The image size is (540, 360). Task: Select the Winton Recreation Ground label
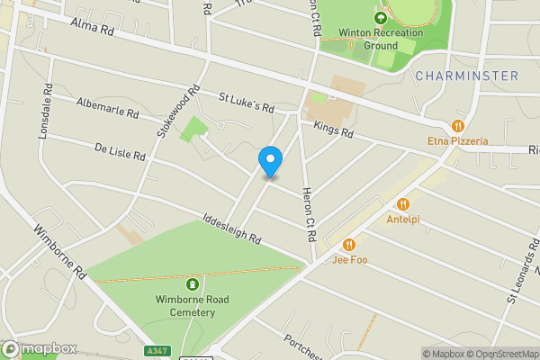[x=381, y=38]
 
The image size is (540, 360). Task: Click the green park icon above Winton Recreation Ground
[x=382, y=15]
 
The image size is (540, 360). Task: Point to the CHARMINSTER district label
[x=467, y=76]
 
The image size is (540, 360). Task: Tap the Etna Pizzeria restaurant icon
[x=458, y=126]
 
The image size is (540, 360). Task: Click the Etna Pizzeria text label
[x=458, y=141]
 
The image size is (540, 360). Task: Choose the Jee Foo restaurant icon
[x=349, y=244]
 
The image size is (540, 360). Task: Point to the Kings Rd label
[x=334, y=132]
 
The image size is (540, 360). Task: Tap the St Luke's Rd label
[x=247, y=101]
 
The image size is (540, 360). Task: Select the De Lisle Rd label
[x=120, y=149]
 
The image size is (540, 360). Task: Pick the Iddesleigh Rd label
[x=231, y=229]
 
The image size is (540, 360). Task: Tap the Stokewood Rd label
[x=177, y=112]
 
